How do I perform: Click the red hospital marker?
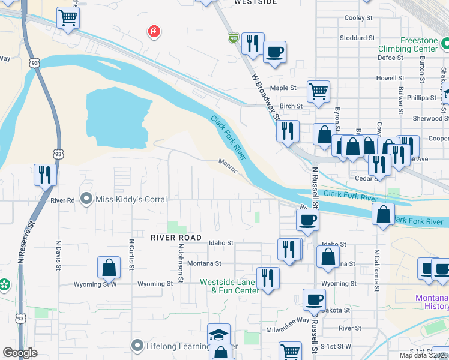[154, 31]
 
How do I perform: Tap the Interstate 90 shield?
[233, 38]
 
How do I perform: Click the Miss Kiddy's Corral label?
[131, 199]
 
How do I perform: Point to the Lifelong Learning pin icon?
[137, 346]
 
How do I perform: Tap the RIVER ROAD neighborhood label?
[176, 238]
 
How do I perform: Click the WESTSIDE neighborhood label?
[255, 2]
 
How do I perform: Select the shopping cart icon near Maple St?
[318, 91]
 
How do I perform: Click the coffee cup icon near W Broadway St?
[274, 52]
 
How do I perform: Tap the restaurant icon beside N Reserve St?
[45, 175]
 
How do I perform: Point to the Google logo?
[20, 352]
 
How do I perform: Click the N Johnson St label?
[179, 262]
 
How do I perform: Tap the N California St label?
[377, 271]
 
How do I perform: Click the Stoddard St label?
[357, 38]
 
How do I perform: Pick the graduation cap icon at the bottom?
[219, 334]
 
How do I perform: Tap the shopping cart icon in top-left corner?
[68, 17]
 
